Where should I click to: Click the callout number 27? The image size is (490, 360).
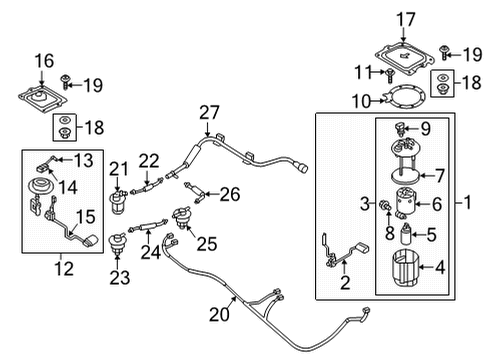pyautogui.click(x=209, y=113)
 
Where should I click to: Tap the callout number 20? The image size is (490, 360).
pyautogui.click(x=219, y=314)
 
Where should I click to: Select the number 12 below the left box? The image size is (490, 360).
pyautogui.click(x=64, y=269)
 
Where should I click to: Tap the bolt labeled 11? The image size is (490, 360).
pyautogui.click(x=389, y=76)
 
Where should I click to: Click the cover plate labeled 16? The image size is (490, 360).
pyautogui.click(x=43, y=99)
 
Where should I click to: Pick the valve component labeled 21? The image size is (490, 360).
pyautogui.click(x=118, y=202)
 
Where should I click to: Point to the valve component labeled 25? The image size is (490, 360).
pyautogui.click(x=182, y=218)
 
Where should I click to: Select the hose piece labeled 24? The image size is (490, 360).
pyautogui.click(x=148, y=226)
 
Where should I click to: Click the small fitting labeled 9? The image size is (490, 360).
pyautogui.click(x=400, y=130)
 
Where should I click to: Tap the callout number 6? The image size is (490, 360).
pyautogui.click(x=437, y=204)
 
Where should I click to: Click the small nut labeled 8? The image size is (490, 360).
pyautogui.click(x=385, y=206)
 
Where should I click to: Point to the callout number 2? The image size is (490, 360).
pyautogui.click(x=345, y=283)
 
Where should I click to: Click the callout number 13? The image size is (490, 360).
pyautogui.click(x=83, y=160)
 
